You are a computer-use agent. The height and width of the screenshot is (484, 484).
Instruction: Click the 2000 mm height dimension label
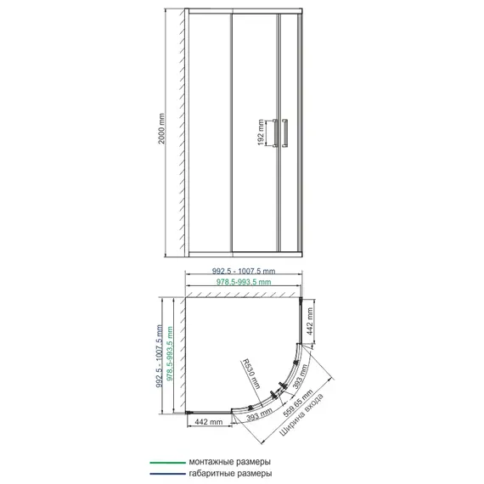click(161, 129)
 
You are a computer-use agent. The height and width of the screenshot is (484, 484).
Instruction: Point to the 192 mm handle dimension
click(262, 132)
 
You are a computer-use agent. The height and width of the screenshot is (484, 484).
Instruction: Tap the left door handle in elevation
click(275, 133)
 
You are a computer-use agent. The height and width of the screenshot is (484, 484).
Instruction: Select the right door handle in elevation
click(284, 133)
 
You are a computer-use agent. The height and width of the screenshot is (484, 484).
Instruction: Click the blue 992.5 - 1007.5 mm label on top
click(244, 271)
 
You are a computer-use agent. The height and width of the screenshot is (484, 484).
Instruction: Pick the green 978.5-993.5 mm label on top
click(244, 282)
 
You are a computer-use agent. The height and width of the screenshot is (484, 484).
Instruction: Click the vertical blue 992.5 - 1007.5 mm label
click(160, 356)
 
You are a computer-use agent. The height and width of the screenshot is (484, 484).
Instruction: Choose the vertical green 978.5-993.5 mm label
click(170, 354)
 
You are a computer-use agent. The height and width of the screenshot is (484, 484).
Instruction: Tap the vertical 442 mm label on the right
click(310, 321)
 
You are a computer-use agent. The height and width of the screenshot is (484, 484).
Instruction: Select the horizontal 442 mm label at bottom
click(209, 422)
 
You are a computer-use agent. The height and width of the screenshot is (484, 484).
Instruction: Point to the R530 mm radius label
click(250, 374)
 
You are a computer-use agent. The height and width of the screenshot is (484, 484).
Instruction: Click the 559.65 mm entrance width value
click(298, 403)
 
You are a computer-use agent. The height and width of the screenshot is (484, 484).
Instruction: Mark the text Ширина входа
click(301, 414)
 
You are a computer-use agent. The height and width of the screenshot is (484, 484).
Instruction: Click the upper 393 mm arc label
click(300, 375)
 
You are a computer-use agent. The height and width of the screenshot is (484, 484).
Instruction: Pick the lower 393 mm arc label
click(259, 414)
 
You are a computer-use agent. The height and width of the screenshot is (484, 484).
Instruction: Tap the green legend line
click(167, 463)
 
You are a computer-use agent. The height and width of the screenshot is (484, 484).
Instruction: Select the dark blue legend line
click(167, 474)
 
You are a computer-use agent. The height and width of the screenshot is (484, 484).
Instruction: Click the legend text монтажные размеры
click(229, 462)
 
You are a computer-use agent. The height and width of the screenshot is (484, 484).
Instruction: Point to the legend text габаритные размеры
click(230, 474)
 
